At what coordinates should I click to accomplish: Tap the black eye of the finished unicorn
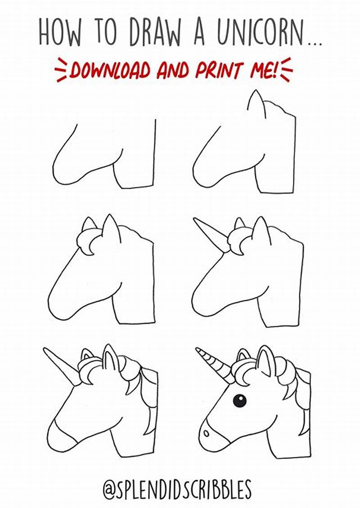tap(239, 400)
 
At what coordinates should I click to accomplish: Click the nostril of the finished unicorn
tap(206, 433)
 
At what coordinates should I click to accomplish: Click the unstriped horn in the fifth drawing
tap(62, 365)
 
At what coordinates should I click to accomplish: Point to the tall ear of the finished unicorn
tap(265, 360)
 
